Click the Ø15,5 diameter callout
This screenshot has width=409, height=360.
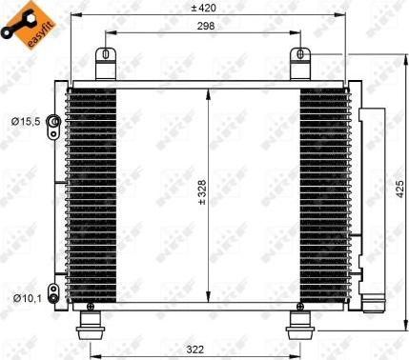tap(24, 121)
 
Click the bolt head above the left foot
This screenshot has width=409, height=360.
tap(91, 307)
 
